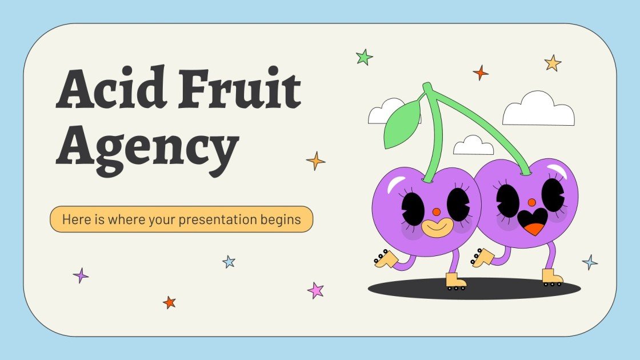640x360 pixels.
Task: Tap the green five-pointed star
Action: [364, 57]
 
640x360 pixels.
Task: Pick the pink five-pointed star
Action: [315, 290]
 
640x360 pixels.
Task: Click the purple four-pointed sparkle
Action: [81, 275]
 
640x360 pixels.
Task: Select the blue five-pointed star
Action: [229, 262]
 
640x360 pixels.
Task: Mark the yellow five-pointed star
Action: [553, 63]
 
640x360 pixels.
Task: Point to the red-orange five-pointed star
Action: [169, 302]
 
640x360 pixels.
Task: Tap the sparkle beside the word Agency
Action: [315, 161]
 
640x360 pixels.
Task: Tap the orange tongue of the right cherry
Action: [534, 229]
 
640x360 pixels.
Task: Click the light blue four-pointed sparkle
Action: [590, 262]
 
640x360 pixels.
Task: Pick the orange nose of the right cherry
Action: [531, 202]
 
